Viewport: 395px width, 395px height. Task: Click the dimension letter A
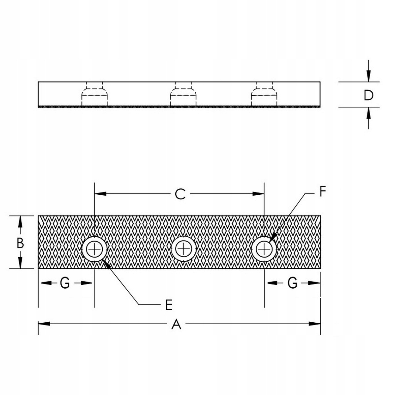[177, 324]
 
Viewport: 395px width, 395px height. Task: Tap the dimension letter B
[20, 243]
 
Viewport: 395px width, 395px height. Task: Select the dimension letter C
[180, 194]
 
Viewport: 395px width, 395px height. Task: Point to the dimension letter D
[368, 95]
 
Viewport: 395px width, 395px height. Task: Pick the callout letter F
[322, 192]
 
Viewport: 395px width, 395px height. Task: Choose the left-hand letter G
[65, 283]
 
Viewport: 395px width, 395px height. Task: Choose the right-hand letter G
[293, 283]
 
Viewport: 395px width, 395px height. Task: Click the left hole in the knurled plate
[94, 250]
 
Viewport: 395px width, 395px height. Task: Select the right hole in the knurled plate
[264, 250]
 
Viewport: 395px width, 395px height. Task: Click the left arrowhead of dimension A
[43, 324]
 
